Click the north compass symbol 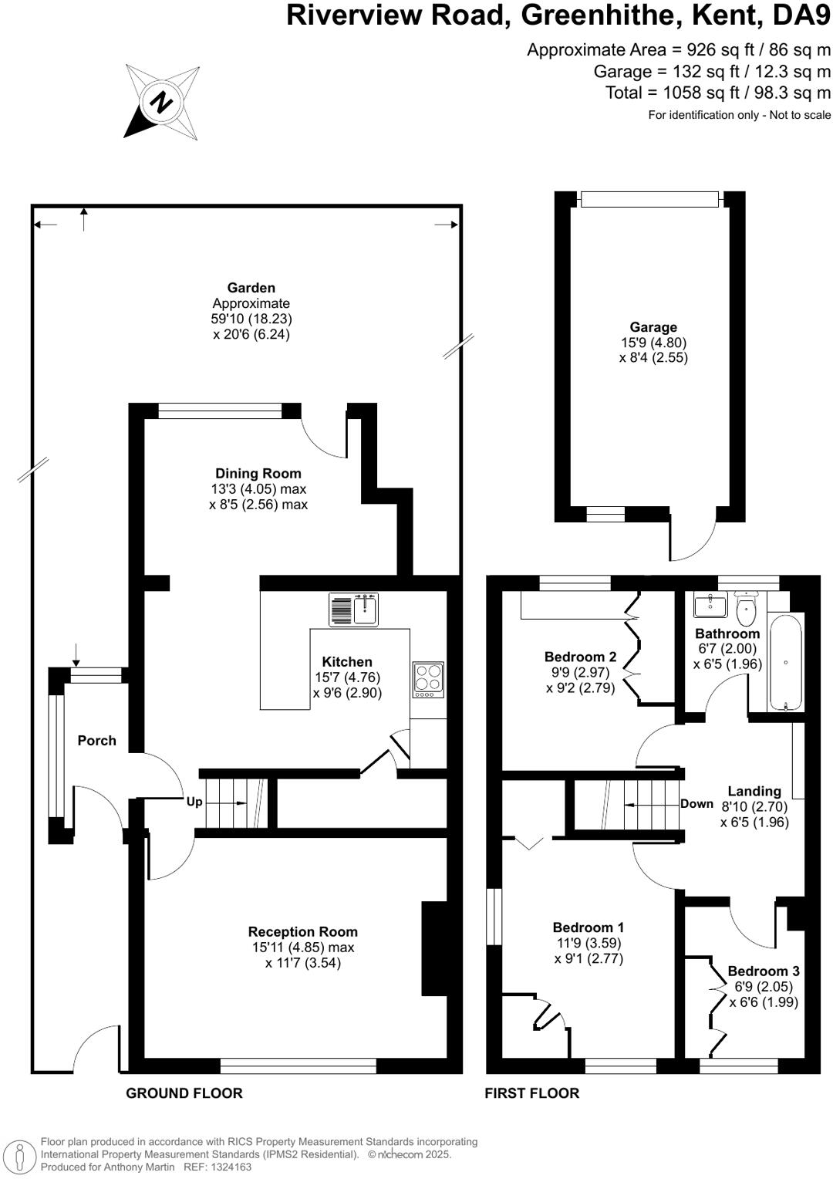coord(161,102)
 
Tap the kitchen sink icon coord(353,610)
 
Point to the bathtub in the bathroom coord(785,661)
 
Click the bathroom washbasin coord(710,606)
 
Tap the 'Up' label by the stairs coord(194,802)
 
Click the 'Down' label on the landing coord(696,804)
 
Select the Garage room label coord(653,327)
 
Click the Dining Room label coord(258,474)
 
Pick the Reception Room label coord(302,932)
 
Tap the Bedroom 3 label coord(763,971)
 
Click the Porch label coord(96,741)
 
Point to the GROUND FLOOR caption coord(184,1093)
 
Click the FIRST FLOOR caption coord(531,1093)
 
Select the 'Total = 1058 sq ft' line coord(717,93)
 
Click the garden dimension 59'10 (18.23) coord(251,319)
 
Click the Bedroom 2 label coord(580,657)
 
